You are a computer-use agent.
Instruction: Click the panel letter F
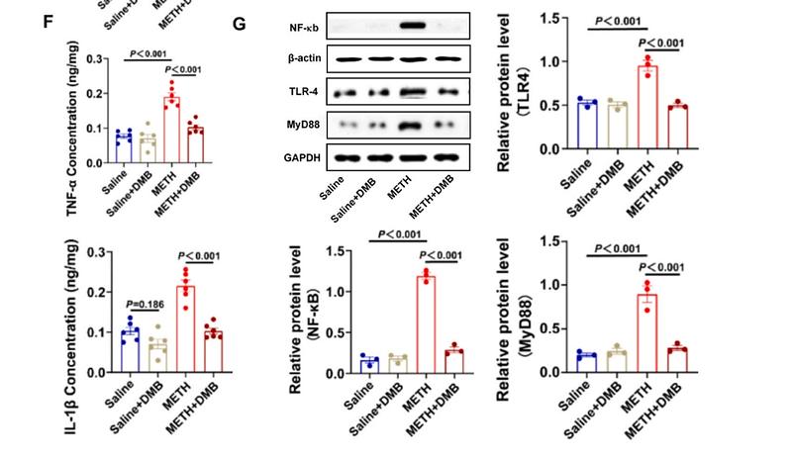[49, 21]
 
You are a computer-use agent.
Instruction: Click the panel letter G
[239, 21]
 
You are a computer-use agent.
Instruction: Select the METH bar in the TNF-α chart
[172, 131]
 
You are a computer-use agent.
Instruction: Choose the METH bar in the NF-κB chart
[427, 324]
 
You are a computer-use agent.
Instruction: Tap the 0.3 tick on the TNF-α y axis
[96, 58]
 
